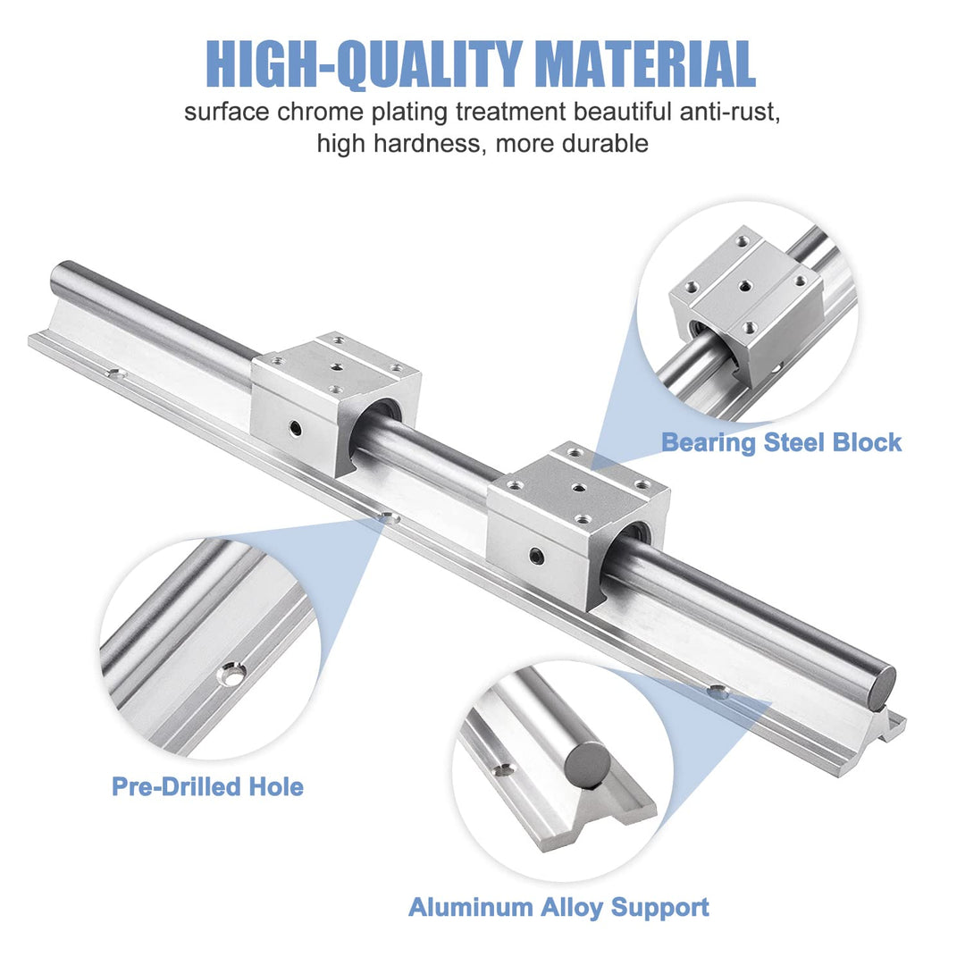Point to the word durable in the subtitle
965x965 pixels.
pos(605,143)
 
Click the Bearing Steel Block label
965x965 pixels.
pos(781,442)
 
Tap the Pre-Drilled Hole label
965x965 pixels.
pos(207,787)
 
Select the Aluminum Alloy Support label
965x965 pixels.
pos(558,908)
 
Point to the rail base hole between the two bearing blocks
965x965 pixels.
pos(388,517)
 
